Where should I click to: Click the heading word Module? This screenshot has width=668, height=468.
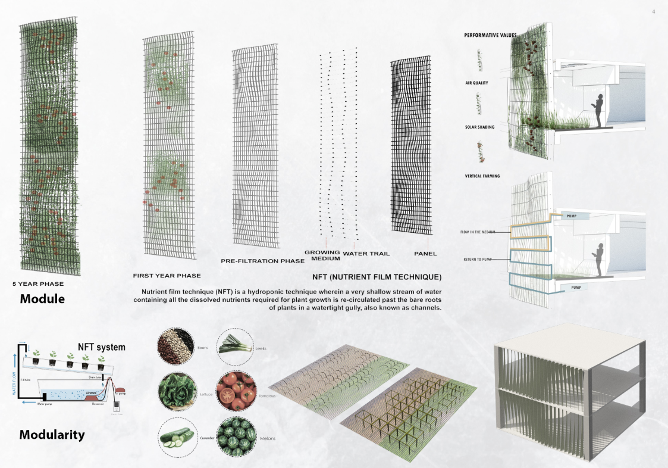[x=42, y=298]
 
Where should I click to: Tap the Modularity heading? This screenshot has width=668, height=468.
[x=52, y=435]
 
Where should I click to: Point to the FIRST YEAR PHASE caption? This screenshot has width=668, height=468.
[x=167, y=276]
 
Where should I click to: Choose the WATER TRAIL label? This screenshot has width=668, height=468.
[x=366, y=254]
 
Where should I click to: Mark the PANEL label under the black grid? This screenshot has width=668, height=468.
[x=425, y=254]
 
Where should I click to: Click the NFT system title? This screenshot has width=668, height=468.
[x=102, y=347]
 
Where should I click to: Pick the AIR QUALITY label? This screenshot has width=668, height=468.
[x=476, y=83]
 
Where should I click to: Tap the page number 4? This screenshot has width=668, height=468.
[x=653, y=11]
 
